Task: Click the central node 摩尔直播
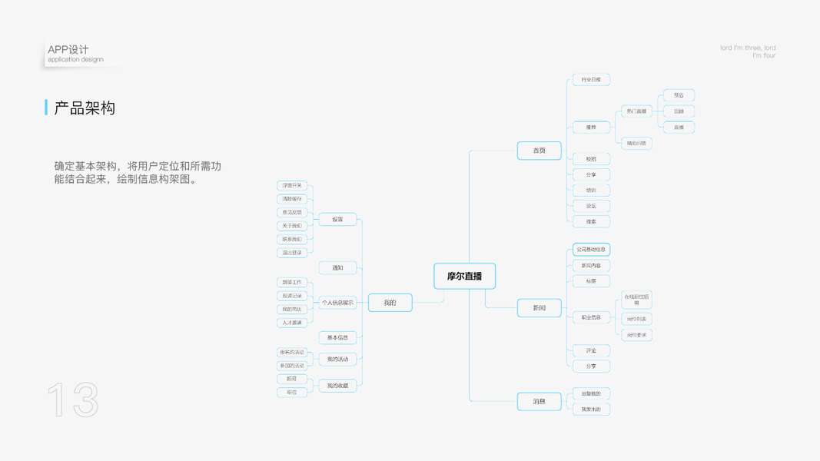tap(464, 276)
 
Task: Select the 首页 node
tap(539, 151)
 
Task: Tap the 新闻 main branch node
tap(539, 308)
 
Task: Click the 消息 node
tap(539, 401)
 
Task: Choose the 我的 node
tap(390, 303)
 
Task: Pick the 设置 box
tap(337, 220)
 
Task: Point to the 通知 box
tap(337, 267)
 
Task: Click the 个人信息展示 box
tap(337, 303)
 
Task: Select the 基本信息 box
tap(337, 337)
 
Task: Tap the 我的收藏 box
tap(337, 386)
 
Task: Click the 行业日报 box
tap(591, 80)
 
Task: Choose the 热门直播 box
tap(636, 111)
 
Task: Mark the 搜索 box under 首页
tap(591, 221)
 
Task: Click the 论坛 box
tap(591, 206)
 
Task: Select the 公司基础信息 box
tap(591, 250)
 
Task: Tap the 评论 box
tap(591, 350)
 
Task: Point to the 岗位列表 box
tap(636, 319)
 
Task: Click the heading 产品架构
tap(85, 108)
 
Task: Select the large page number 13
tap(73, 400)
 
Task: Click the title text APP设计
tap(68, 49)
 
